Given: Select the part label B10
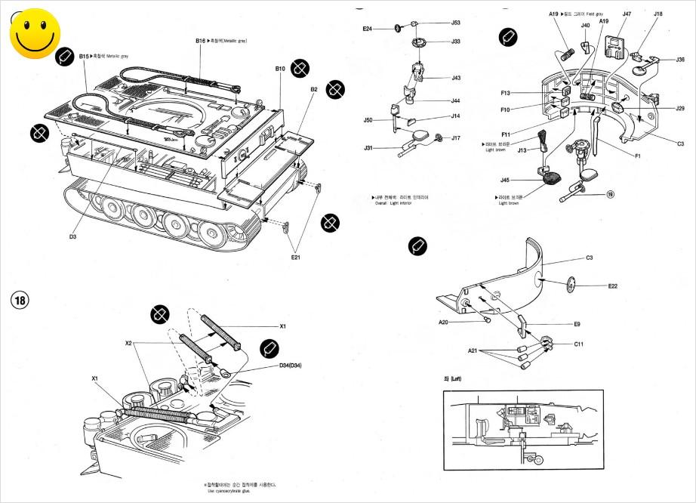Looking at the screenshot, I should (x=280, y=69).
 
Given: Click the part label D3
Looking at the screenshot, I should (x=73, y=237).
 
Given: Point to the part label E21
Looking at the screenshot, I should (x=297, y=257).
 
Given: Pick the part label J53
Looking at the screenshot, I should (x=456, y=23).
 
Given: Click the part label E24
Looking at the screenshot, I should (x=367, y=29).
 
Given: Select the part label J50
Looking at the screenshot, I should (x=368, y=120).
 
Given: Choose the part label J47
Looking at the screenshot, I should (x=627, y=14).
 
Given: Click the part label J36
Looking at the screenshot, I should (x=680, y=60).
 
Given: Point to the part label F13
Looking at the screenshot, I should (x=505, y=93).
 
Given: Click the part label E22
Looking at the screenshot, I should (x=613, y=286).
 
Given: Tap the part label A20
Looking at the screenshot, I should (x=444, y=322).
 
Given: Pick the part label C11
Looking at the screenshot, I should (x=578, y=344).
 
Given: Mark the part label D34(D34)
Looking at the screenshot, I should (x=291, y=366).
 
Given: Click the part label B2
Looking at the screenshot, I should (x=313, y=89).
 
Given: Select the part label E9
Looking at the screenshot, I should (x=576, y=324).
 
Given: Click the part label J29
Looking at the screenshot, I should (x=679, y=108).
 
